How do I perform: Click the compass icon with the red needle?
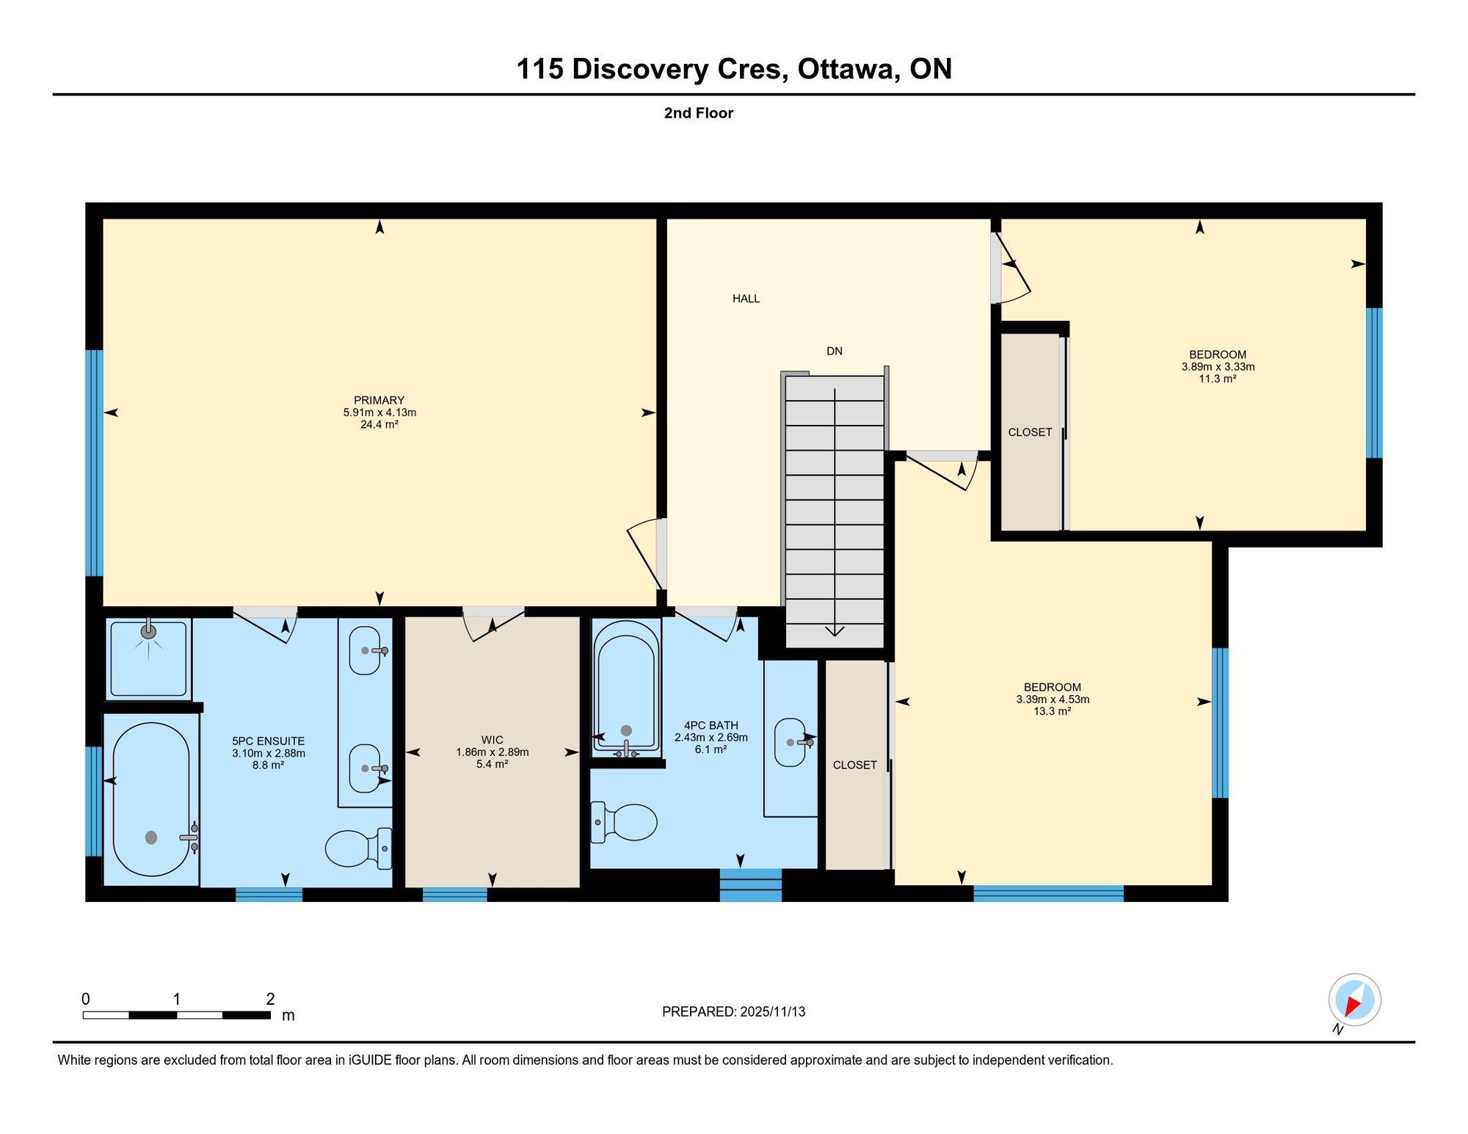point(1354,1000)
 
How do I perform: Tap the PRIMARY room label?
point(379,400)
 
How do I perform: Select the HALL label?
point(746,299)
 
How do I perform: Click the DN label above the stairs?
point(835,351)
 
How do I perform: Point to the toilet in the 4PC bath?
point(624,822)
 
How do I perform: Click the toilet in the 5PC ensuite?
point(359,848)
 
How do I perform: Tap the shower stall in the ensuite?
point(148,659)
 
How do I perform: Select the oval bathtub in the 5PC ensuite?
point(152,799)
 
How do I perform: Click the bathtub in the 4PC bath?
point(626,689)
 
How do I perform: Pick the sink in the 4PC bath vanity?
point(791,742)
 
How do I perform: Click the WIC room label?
point(492,740)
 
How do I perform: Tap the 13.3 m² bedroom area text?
point(1052,711)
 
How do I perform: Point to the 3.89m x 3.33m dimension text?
point(1218,367)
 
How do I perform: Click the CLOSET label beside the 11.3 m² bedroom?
point(1030,432)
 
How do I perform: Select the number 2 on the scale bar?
point(270,999)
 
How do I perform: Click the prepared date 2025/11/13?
point(773,1011)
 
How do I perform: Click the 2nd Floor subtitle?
point(699,113)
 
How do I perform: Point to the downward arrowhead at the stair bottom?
point(835,630)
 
